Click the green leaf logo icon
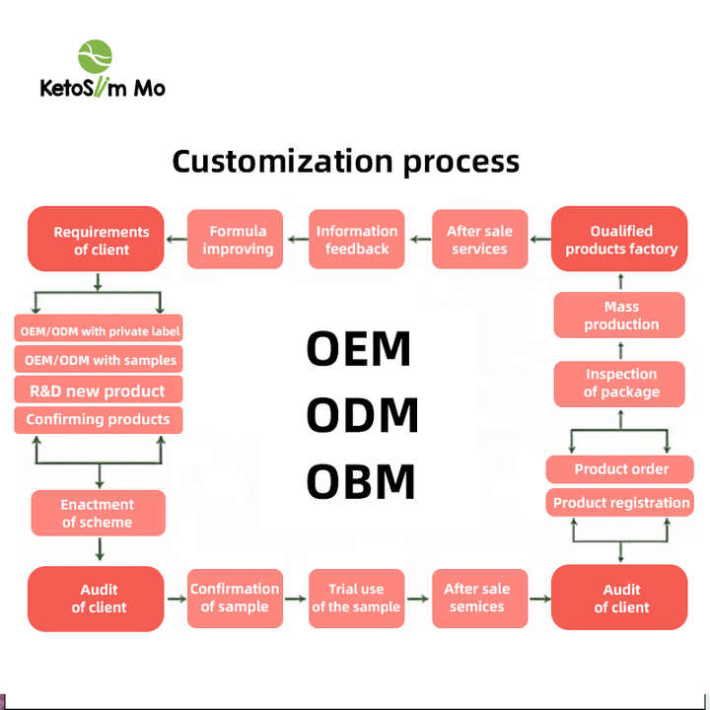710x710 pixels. (95, 56)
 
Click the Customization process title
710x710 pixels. (345, 161)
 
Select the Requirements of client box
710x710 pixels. (102, 240)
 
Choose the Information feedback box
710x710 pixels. (357, 240)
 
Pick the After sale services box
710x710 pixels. (479, 240)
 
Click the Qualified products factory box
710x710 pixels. (620, 240)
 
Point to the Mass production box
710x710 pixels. (620, 316)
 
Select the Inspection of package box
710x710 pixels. (620, 383)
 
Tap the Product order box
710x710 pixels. (620, 468)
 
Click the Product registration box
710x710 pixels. (620, 502)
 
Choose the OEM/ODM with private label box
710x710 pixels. (100, 330)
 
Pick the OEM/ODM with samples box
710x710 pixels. (100, 360)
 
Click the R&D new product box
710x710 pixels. (98, 390)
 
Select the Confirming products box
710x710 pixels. (98, 419)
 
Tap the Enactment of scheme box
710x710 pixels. (98, 513)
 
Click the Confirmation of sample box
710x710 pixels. (235, 597)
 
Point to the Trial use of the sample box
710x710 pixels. (356, 598)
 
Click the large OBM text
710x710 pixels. (360, 481)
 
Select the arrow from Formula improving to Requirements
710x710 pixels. (176, 240)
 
